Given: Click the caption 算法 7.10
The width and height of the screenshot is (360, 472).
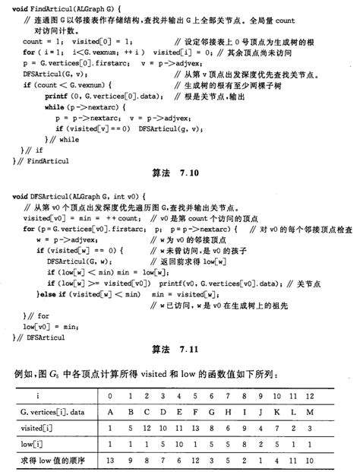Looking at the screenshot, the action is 179,173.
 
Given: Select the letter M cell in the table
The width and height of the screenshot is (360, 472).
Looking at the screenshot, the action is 332,412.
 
